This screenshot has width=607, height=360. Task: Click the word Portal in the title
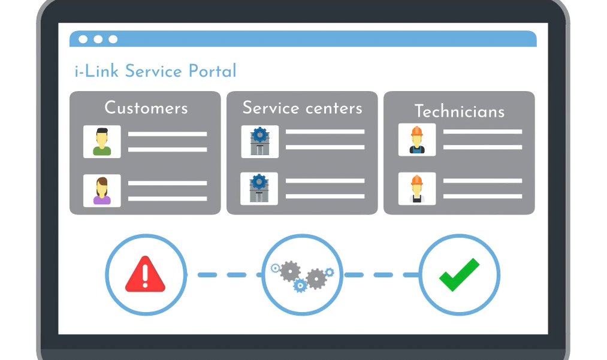pos(212,71)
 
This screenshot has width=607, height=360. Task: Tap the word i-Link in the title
pos(96,71)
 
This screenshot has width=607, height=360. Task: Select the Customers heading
pos(146,108)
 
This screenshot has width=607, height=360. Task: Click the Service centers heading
pos(303,108)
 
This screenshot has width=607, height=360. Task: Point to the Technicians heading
pos(460,111)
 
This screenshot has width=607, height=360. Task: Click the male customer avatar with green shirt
pos(102,142)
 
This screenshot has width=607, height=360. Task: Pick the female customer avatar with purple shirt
pos(102,190)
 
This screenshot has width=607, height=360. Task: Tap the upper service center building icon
pos(259,142)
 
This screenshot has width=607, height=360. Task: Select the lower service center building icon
pos(259,189)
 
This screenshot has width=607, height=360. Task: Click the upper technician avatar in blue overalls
pos(417,140)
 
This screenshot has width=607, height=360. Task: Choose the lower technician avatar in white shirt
pos(417,189)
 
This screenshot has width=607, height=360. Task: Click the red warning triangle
pos(145,274)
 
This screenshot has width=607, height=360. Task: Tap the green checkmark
pos(460,274)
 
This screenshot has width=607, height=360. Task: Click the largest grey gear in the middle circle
pos(290,271)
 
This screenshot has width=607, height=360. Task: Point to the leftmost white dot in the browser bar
pos(83,39)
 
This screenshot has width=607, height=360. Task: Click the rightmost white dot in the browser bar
pos(113,39)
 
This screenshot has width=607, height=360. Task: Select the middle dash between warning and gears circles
pos(237,275)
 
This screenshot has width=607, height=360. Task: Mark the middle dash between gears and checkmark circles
pos(383,275)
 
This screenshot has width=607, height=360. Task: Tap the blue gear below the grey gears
pos(300,286)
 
